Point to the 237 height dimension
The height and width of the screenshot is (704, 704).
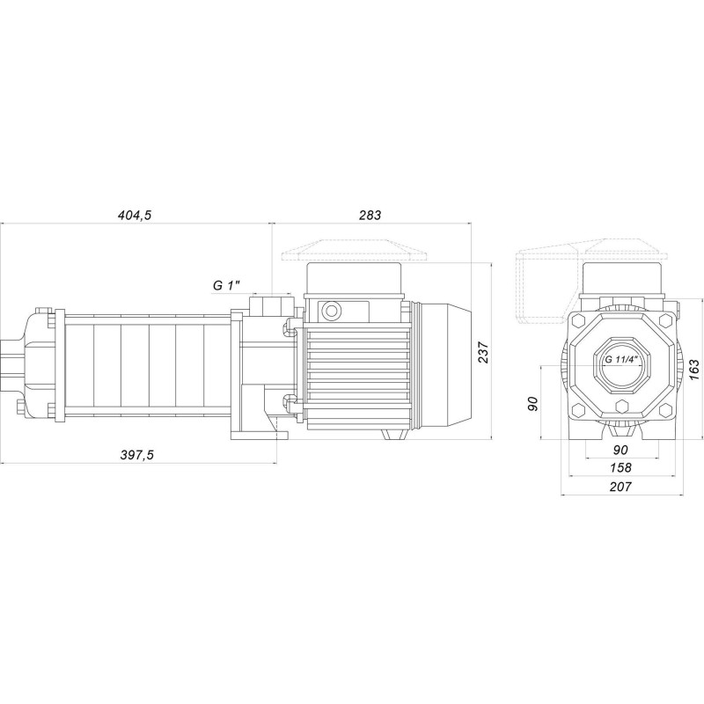483,351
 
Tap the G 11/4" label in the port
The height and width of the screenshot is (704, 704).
622,361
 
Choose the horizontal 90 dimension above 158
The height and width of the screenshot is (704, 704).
621,449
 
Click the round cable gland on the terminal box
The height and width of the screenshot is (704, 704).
333,310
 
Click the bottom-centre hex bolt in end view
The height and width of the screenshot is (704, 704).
622,407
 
